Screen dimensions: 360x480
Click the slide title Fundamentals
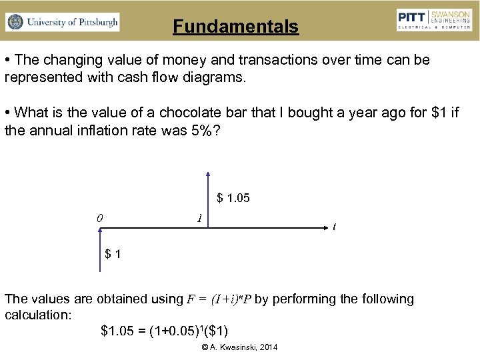[235, 27]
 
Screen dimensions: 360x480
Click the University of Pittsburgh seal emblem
[15, 22]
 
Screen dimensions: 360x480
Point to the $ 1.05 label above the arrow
[234, 197]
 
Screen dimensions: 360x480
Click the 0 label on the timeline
[99, 217]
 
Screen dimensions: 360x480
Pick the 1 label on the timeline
[199, 218]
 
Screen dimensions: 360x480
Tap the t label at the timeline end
[334, 227]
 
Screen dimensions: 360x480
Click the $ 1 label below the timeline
[113, 254]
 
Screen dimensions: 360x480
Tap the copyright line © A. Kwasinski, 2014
[239, 348]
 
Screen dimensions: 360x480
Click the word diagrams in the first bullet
[214, 77]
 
